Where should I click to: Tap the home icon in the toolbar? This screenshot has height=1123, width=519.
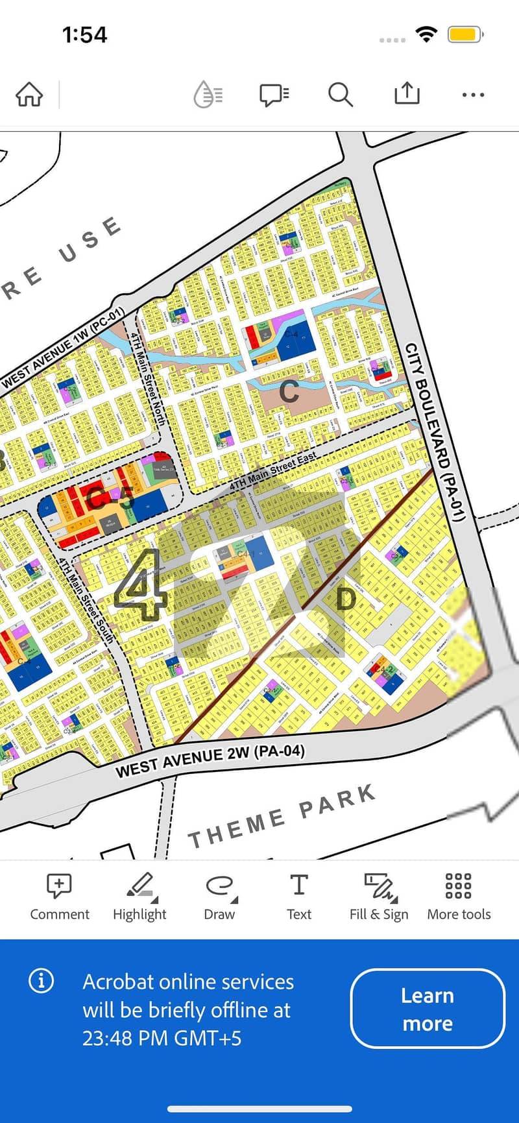29,95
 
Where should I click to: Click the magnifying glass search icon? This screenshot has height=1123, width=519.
340,95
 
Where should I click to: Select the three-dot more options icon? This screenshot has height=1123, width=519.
473,95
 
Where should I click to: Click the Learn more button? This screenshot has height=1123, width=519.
428,1009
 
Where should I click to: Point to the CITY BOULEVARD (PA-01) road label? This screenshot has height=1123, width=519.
435,431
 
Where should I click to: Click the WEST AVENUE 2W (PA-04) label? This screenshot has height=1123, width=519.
210,761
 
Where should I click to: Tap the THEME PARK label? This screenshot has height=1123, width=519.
282,816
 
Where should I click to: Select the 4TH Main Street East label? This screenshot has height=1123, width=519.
273,470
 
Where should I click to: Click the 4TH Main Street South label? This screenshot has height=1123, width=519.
86,600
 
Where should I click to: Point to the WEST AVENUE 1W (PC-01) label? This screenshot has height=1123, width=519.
63,349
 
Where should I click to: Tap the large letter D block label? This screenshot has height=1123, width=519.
346,599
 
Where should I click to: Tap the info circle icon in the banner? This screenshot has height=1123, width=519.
42,980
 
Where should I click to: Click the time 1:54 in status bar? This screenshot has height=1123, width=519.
84,34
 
